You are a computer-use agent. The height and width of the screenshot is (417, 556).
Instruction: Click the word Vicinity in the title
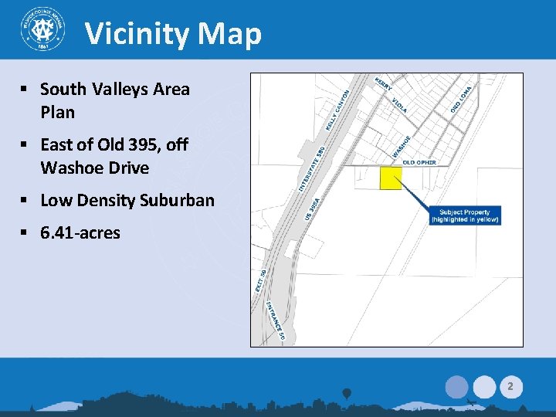137,34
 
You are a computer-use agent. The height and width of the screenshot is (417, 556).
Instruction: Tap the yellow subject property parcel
391,178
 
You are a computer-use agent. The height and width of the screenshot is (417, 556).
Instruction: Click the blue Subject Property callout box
466,215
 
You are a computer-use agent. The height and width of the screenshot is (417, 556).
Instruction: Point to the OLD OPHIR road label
419,162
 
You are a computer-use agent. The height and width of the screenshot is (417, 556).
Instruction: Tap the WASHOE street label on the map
402,144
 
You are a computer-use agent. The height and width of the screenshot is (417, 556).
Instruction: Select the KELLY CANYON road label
340,109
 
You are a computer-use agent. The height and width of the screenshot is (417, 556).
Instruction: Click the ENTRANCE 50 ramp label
276,320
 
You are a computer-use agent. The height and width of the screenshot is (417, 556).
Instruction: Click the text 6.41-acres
80,232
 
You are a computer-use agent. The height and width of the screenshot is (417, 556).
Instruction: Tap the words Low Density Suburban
127,201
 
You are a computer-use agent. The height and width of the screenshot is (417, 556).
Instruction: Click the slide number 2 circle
510,385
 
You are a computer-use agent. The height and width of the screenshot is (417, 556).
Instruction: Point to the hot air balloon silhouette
347,394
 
